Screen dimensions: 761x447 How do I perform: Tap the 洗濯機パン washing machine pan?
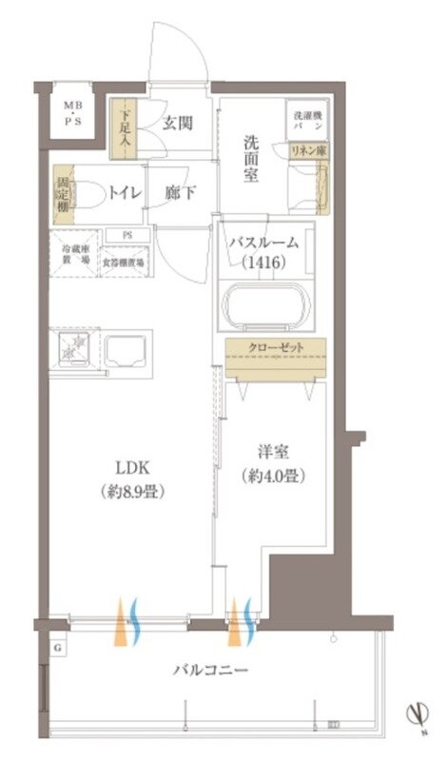point(305,120)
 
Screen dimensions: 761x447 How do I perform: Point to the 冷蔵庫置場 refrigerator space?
point(73,254)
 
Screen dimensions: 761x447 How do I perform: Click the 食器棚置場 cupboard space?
point(125,261)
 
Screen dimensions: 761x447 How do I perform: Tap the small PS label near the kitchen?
point(126,235)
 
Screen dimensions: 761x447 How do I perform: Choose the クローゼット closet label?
point(276,347)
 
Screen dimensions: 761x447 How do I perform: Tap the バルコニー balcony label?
point(210,671)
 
